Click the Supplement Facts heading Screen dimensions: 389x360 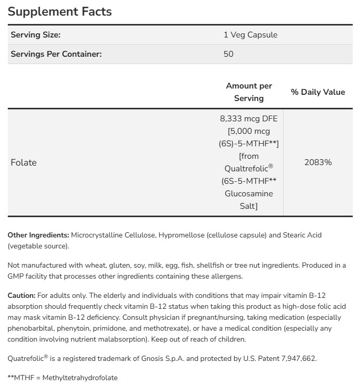[x=60, y=11]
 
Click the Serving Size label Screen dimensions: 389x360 [x=36, y=35]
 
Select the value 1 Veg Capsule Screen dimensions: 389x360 [x=250, y=35]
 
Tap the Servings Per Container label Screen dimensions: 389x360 [x=56, y=54]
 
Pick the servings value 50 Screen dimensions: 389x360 [x=228, y=54]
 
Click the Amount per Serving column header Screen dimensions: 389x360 [x=249, y=92]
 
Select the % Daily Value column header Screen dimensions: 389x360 [x=318, y=92]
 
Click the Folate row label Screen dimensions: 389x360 [x=24, y=162]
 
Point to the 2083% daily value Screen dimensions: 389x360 [x=318, y=162]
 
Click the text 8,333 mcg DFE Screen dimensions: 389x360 [x=249, y=118]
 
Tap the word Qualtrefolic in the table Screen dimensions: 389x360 [x=246, y=168]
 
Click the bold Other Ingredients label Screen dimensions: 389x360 [x=38, y=235]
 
